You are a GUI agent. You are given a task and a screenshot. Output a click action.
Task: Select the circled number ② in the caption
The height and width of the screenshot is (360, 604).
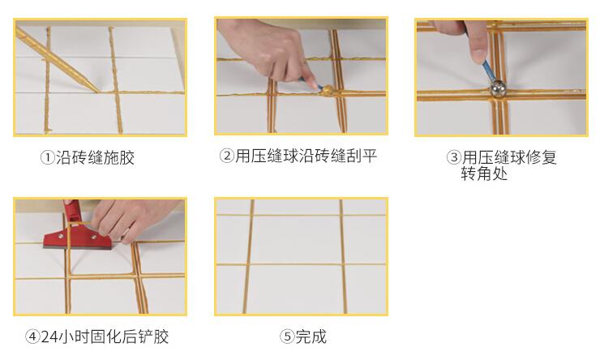[227, 156]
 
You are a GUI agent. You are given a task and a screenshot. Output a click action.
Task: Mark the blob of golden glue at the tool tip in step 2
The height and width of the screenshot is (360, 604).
[328, 91]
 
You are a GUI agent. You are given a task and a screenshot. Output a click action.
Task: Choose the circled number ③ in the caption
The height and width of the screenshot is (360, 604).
[454, 157]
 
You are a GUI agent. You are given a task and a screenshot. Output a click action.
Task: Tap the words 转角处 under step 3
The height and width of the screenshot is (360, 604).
[484, 174]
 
